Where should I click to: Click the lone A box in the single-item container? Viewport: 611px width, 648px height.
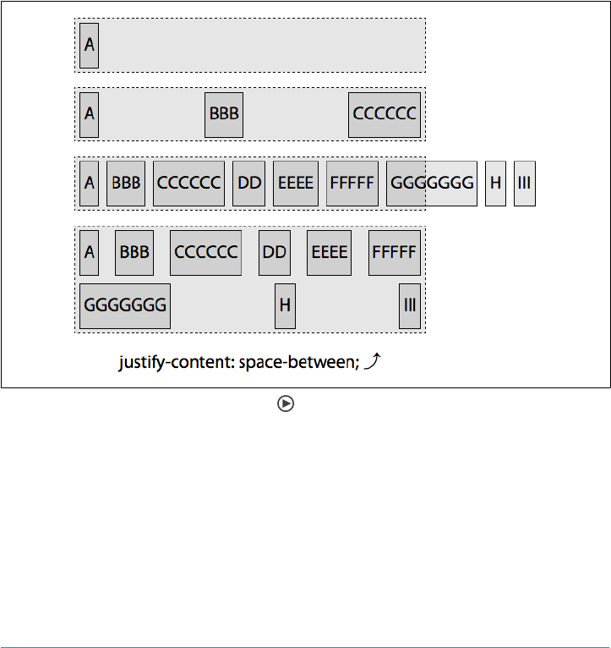(x=89, y=46)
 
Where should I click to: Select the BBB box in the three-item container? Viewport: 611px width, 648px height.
(x=224, y=114)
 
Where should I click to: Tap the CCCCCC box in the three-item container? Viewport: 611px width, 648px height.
(x=385, y=114)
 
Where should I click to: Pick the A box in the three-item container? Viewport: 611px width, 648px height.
(x=89, y=114)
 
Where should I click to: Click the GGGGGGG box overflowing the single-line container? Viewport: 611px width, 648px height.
(x=432, y=184)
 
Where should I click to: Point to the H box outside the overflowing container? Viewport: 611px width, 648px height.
(x=495, y=184)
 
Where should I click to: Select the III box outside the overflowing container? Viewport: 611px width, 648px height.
(x=524, y=184)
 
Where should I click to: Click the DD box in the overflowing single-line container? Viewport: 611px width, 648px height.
(x=248, y=184)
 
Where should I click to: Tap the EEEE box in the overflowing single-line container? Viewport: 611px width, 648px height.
(x=296, y=184)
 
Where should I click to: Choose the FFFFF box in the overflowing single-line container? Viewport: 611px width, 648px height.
(x=352, y=184)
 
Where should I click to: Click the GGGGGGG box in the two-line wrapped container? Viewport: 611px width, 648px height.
(x=125, y=306)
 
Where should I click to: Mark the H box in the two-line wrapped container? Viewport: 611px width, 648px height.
(x=286, y=306)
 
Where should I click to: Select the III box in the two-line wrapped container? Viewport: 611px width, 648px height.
(x=410, y=306)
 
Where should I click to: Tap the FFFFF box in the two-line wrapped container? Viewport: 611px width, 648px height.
(x=394, y=253)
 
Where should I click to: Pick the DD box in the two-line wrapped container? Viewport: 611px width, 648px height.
(x=275, y=253)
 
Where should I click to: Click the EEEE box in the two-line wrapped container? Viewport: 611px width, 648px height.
(x=329, y=253)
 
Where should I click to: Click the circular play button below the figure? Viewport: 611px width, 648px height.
(x=286, y=404)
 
